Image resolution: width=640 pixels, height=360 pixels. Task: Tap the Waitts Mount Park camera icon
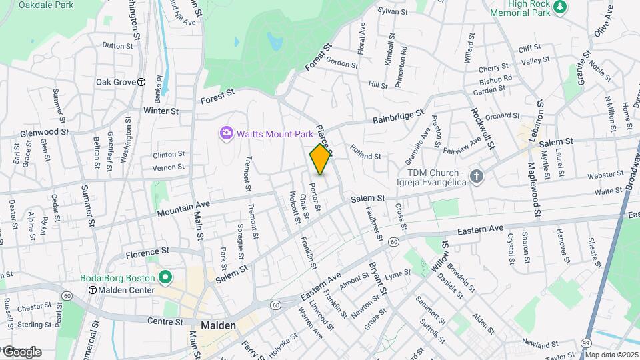(227, 134)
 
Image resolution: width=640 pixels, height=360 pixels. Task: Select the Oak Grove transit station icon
(141, 82)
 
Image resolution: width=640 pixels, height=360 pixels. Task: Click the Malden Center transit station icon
(93, 290)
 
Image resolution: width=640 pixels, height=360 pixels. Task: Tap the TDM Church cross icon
(476, 176)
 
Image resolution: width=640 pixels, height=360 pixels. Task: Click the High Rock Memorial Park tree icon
(561, 7)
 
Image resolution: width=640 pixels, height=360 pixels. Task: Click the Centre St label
(165, 321)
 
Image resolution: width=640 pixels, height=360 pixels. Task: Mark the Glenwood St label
(45, 132)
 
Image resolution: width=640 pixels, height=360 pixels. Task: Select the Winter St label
(161, 111)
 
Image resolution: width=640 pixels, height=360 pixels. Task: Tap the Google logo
(22, 351)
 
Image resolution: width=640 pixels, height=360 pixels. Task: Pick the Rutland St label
(365, 156)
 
